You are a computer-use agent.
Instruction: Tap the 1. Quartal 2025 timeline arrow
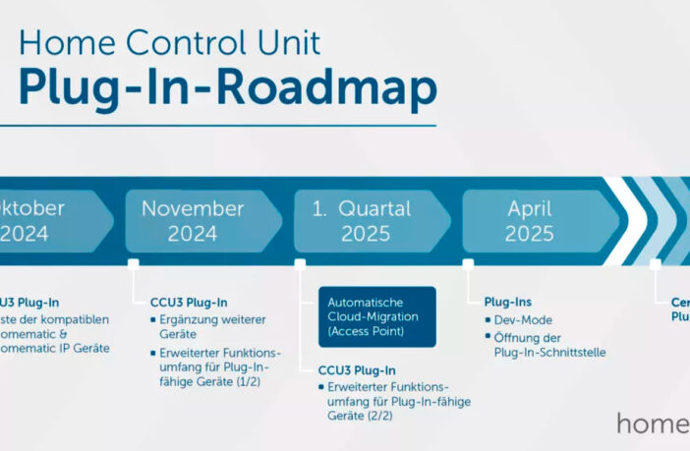point(364,221)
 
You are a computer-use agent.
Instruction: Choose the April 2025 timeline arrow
point(531,221)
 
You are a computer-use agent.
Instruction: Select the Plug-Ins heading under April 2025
point(507,302)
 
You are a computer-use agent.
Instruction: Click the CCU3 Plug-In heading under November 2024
point(189,302)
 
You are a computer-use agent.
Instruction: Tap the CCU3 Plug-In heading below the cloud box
point(357,370)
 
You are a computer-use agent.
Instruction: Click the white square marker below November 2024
point(133,264)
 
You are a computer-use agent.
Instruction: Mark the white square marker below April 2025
point(468,264)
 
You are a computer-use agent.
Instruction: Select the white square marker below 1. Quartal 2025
point(300,264)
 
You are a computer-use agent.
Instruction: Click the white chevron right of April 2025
point(626,221)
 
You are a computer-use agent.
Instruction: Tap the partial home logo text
point(653,423)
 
